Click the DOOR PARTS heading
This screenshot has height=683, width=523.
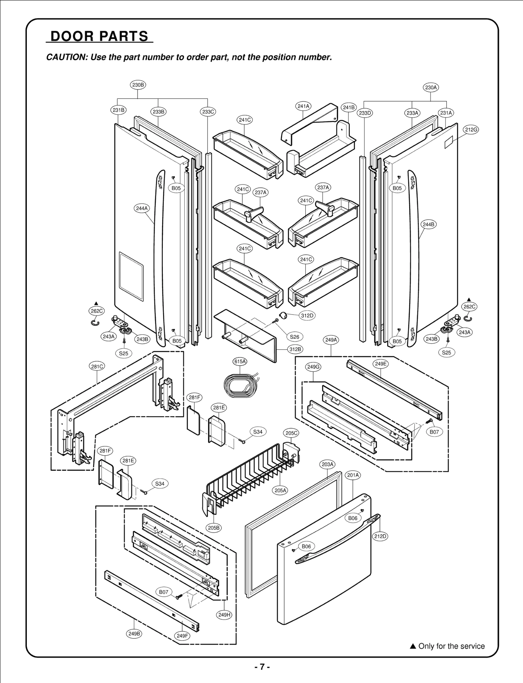pos(99,36)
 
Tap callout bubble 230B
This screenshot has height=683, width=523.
pos(138,85)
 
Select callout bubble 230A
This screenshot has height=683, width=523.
pos(431,87)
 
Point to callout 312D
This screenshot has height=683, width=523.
pos(307,315)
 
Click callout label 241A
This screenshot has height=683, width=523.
pos(303,106)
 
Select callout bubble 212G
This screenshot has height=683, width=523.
pos(471,130)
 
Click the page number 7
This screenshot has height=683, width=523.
pos(262,667)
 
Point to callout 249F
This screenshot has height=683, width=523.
pos(182,636)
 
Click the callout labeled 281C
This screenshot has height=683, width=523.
pos(97,367)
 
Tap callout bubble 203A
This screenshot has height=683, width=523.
pos(327,464)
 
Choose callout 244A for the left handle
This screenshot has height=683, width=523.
pos(142,208)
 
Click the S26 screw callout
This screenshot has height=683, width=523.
pos(295,336)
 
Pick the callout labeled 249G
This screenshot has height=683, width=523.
pos(313,367)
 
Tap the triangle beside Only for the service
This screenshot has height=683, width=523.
pos(413,646)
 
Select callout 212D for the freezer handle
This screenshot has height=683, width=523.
pos(380,536)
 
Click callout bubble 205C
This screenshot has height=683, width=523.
pos(291,433)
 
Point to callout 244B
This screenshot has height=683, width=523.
pos(429,225)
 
